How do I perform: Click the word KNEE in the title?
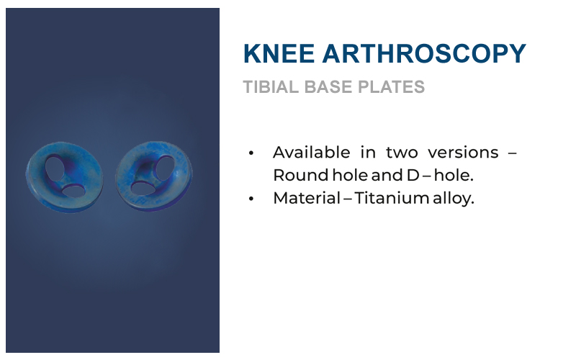279,53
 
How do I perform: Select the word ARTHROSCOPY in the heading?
424,53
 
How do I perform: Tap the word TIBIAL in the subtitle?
271,87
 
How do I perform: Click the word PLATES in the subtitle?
391,87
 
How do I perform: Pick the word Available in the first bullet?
312,152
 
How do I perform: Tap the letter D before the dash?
413,175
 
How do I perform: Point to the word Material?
307,198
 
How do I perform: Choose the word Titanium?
392,198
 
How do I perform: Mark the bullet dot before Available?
251,153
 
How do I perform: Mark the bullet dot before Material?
251,199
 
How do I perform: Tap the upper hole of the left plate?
55,168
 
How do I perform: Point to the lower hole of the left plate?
74,191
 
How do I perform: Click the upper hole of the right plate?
165,168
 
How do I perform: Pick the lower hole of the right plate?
143,189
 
